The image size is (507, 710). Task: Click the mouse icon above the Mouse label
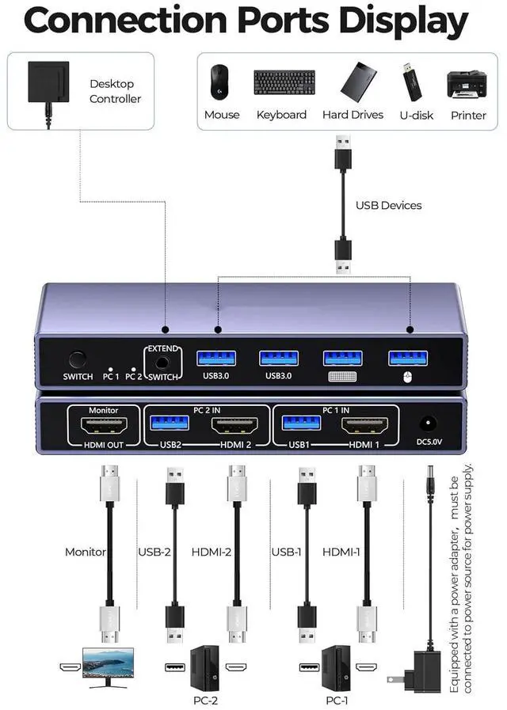(217, 82)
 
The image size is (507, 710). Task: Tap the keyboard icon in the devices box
(284, 82)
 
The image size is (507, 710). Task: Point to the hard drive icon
(352, 81)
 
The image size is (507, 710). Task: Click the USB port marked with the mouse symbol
(407, 357)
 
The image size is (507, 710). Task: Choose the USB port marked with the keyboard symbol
(343, 358)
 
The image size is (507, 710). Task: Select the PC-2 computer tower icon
(204, 666)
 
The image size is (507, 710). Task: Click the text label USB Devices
(388, 206)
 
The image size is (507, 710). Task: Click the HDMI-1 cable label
(341, 552)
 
